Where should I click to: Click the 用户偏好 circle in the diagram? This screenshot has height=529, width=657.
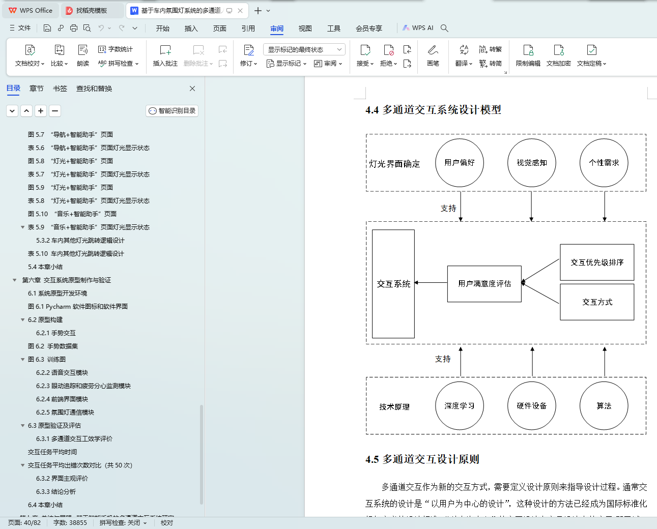click(x=460, y=163)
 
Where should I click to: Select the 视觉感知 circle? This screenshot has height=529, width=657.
click(x=532, y=163)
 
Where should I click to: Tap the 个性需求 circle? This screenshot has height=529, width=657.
click(x=604, y=163)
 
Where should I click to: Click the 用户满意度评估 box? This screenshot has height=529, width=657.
click(x=484, y=284)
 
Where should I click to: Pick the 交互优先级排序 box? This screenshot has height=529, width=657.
click(x=597, y=262)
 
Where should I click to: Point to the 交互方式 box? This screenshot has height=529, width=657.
click(x=597, y=302)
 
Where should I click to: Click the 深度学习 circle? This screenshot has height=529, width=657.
click(x=460, y=406)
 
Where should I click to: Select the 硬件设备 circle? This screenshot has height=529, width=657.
click(x=532, y=406)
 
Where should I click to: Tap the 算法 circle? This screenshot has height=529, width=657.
click(x=604, y=406)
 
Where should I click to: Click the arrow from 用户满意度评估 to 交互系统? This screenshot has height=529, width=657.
click(x=431, y=283)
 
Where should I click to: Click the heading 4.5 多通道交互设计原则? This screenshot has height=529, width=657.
click(x=422, y=459)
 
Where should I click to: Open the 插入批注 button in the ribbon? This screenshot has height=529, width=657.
click(x=165, y=55)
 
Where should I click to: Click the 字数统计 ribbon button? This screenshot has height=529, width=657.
click(x=116, y=49)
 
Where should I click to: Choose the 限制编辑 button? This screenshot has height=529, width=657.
click(x=528, y=55)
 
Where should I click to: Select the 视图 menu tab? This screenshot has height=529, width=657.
click(x=305, y=28)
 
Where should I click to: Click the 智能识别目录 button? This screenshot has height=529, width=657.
click(x=172, y=111)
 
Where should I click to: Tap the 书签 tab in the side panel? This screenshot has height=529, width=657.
click(x=60, y=89)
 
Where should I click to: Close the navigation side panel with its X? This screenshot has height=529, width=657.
click(x=192, y=89)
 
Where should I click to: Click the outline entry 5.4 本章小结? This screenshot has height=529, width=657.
click(x=45, y=267)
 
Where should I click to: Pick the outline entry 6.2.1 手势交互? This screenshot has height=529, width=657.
click(x=56, y=333)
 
